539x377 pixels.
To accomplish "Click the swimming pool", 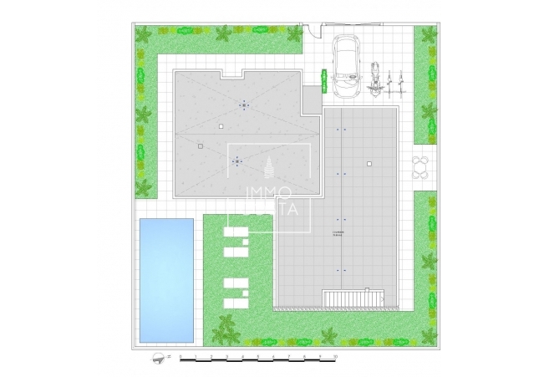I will (x=167, y=279).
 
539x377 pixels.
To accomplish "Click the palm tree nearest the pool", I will (x=223, y=327).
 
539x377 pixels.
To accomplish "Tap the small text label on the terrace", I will (x=337, y=233).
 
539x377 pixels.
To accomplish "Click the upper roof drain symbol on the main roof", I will (x=244, y=104).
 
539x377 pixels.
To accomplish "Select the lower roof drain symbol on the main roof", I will (x=236, y=160).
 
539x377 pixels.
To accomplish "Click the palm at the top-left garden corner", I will (x=144, y=36).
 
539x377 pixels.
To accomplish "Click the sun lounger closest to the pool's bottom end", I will (x=234, y=302).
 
